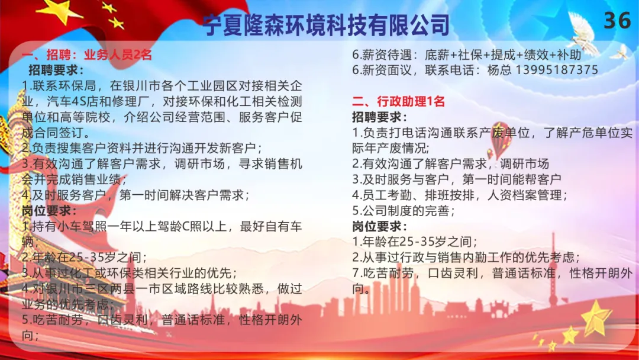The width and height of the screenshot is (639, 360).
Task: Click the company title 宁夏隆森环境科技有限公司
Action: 326,24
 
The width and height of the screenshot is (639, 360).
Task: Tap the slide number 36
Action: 617,20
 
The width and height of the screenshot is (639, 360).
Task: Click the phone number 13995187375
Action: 557,70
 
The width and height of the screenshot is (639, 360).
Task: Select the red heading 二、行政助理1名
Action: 398,101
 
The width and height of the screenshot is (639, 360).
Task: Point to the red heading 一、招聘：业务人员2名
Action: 87,54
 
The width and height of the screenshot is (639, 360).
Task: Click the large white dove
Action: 583,33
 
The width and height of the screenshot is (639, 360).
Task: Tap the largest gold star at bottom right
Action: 596,318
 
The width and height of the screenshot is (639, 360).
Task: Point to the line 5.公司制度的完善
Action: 404,211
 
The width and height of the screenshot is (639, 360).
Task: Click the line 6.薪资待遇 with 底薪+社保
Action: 467,54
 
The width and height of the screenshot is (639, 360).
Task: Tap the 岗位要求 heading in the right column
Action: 379,226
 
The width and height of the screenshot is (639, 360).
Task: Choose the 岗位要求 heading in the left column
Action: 49,211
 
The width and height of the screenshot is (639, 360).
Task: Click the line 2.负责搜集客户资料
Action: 142,148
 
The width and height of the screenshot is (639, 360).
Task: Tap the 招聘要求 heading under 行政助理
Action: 379,117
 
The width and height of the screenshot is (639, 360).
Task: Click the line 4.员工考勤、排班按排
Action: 460,195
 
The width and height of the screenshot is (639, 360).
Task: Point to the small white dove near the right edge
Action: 620,53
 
